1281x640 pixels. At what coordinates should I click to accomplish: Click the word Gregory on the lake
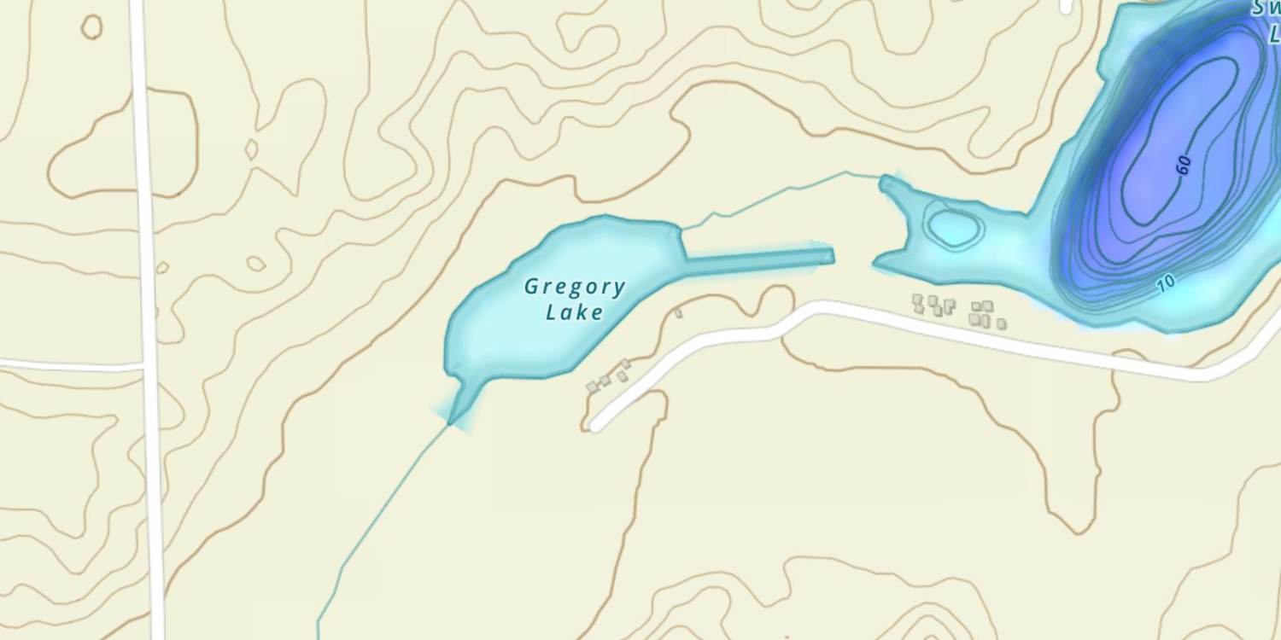575,287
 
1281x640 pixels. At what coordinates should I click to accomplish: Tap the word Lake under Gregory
575,312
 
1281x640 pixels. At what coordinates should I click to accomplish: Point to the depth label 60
1184,166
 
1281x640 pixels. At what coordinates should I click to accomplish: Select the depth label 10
1167,283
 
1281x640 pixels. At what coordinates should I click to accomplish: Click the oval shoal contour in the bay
953,228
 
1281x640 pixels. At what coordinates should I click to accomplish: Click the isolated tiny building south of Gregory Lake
679,313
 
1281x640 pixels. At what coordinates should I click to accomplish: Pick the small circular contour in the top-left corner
91,27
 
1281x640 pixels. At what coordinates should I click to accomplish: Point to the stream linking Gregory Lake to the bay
769,196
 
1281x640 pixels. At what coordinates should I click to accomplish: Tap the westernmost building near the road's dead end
591,387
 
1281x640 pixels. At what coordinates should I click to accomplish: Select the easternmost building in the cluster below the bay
1001,324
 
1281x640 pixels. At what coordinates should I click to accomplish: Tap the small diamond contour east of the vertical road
251,150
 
